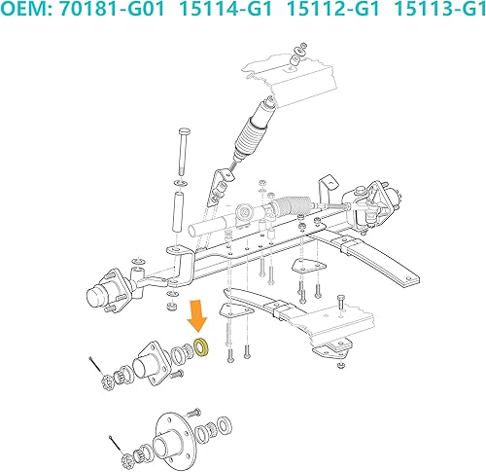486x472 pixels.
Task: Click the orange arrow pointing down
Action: pos(197,315)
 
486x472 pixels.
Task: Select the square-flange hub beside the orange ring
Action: pos(155,359)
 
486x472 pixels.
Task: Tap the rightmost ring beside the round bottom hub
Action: pos(226,425)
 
